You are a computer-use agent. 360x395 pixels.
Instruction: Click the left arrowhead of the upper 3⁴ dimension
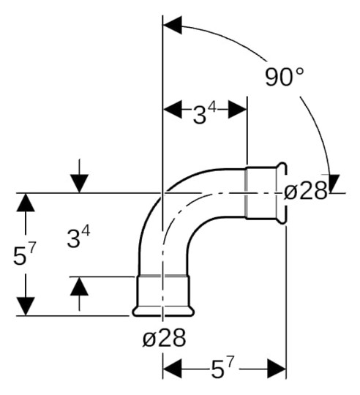(x=170, y=110)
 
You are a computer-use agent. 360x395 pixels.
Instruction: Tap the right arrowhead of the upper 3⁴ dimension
(x=239, y=110)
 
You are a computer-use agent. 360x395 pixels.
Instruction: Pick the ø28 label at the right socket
(x=306, y=192)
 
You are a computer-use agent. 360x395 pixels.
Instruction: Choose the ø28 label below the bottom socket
(x=164, y=337)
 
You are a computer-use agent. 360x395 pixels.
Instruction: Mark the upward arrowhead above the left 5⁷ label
(x=26, y=203)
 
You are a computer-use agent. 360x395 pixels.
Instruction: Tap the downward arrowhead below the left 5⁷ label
(x=26, y=306)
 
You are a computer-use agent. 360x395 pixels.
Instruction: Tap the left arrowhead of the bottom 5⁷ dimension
(x=171, y=366)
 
